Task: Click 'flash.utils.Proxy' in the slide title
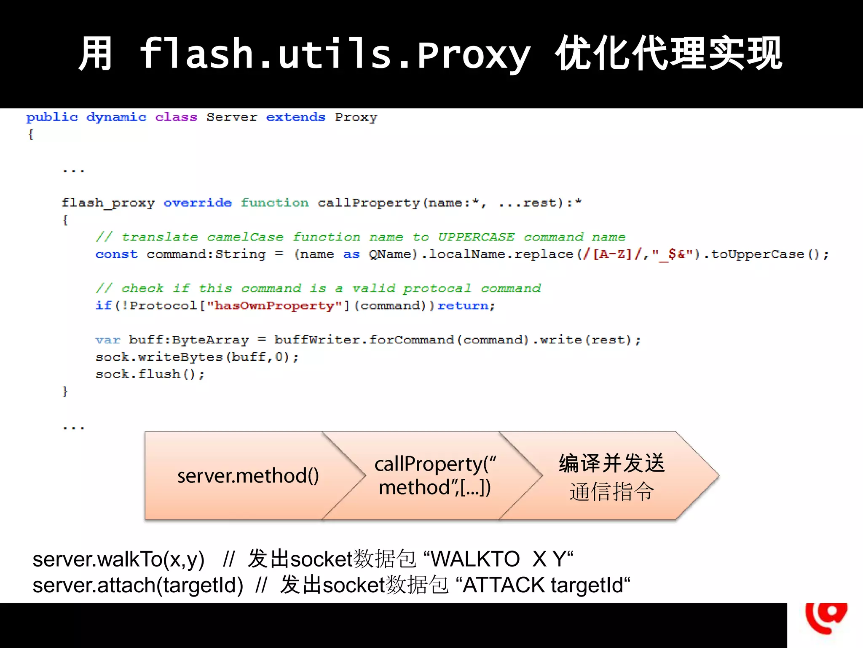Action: (x=335, y=54)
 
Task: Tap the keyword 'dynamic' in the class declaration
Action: (x=116, y=117)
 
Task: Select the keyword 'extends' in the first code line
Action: (x=295, y=117)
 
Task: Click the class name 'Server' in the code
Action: (x=231, y=117)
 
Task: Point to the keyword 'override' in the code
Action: (x=198, y=203)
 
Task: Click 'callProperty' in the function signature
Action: (x=369, y=203)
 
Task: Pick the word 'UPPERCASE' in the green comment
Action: (x=476, y=237)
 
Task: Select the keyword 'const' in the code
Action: (x=116, y=254)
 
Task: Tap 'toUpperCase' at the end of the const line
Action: (x=758, y=254)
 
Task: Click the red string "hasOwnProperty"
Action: (x=274, y=305)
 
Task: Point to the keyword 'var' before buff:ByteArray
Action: (x=107, y=340)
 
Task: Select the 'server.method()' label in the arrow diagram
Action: (x=248, y=476)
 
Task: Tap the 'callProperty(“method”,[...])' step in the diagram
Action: (x=435, y=476)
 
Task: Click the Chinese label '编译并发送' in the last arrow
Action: (x=611, y=463)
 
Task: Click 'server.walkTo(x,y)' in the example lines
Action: (x=118, y=559)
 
